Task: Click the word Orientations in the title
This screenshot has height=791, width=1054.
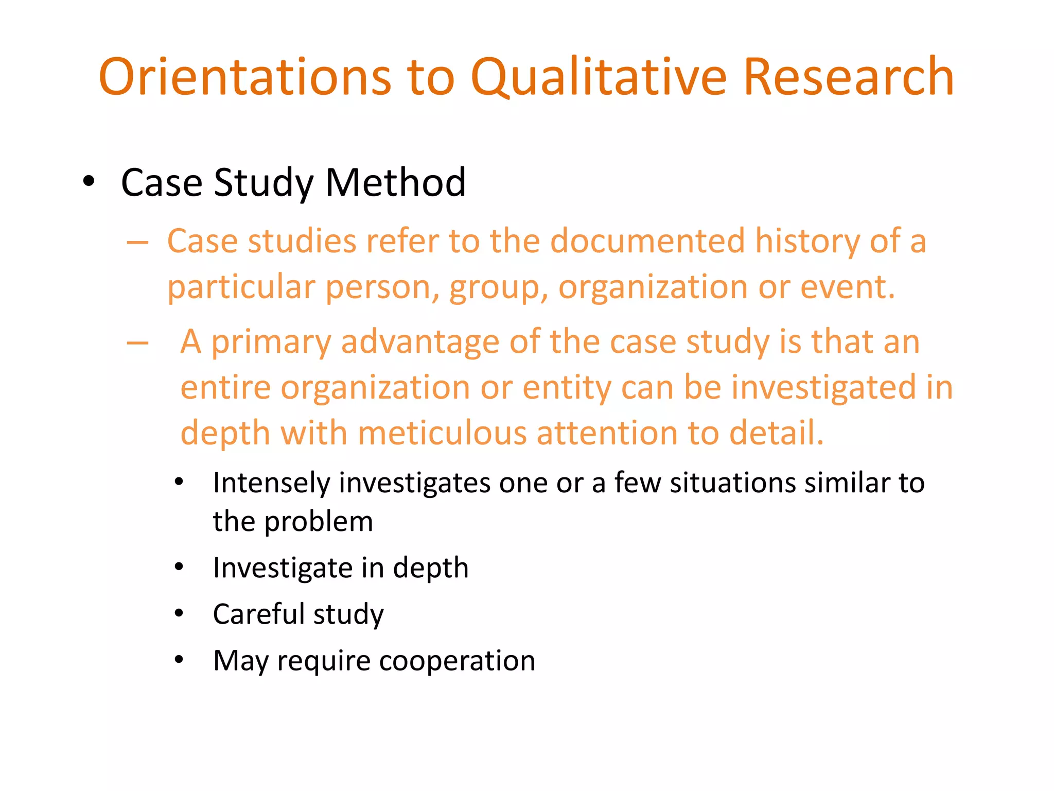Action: pos(245,77)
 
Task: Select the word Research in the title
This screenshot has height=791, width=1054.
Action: pos(849,77)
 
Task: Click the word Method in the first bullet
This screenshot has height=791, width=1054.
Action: pos(395,183)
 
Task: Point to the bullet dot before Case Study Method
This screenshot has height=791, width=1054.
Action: pos(89,182)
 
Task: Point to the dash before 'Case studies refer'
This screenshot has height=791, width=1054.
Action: pos(137,242)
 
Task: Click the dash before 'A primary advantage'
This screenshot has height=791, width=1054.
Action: pos(137,342)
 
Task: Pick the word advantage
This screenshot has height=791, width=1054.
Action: pos(420,342)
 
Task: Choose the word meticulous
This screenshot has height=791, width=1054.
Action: pos(442,433)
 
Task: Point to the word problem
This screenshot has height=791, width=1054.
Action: pos(319,522)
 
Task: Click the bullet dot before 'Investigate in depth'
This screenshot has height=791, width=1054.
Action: pos(179,568)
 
